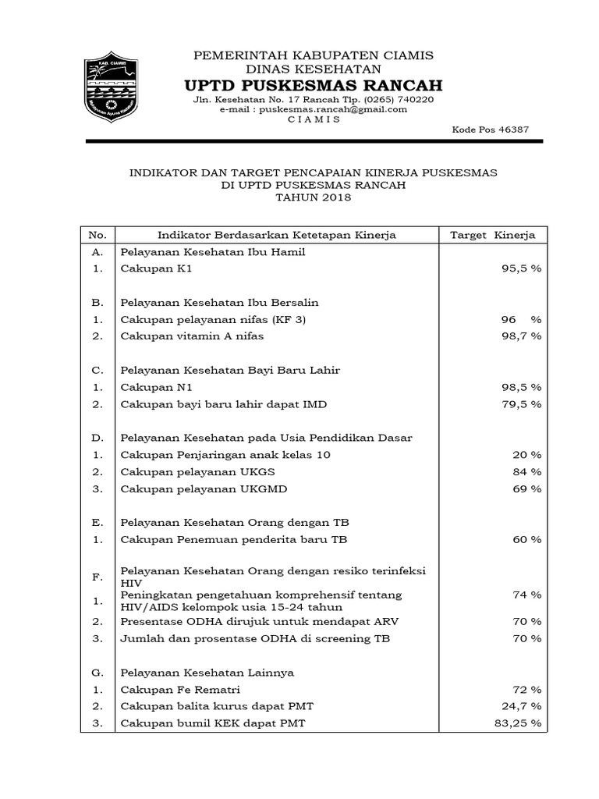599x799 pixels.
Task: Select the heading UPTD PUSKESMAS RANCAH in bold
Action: (313, 84)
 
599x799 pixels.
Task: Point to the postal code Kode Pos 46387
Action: (490, 130)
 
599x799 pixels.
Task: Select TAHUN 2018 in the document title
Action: (314, 197)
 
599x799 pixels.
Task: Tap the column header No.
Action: (97, 235)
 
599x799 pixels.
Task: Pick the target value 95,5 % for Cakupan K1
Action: (521, 268)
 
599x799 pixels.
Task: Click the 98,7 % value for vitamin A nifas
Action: (521, 336)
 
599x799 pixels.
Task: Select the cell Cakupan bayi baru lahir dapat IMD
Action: (223, 404)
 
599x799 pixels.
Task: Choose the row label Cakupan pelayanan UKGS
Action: (197, 472)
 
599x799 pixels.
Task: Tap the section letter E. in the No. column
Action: (97, 521)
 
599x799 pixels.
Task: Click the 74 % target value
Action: (526, 595)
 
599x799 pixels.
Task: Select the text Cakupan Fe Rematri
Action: (180, 690)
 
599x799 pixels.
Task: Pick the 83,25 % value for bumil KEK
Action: (517, 723)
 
